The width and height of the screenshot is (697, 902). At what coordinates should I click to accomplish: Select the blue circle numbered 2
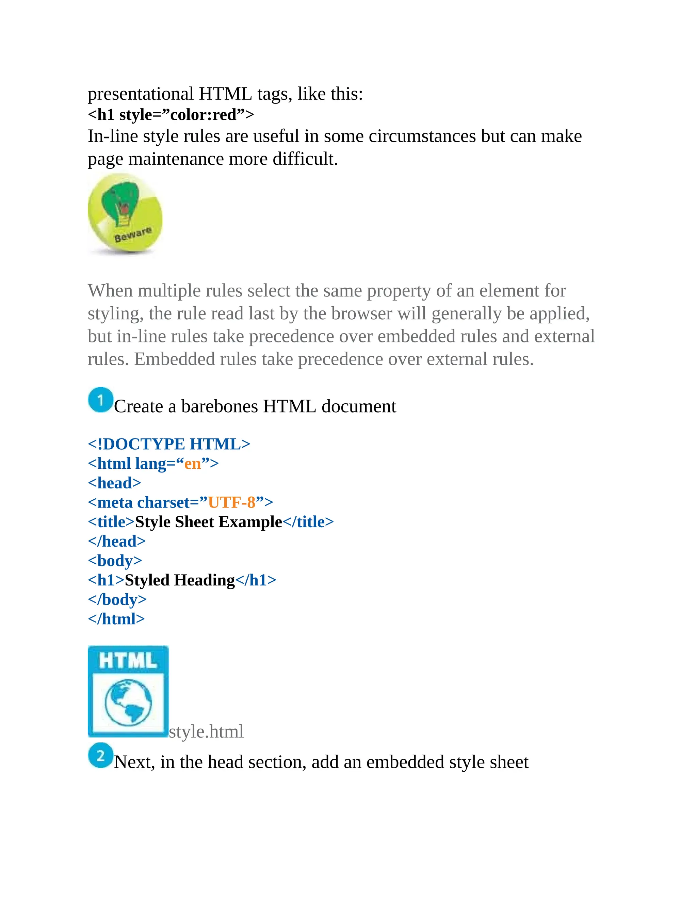pos(100,755)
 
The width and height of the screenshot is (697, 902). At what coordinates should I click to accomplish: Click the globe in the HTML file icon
pos(128,703)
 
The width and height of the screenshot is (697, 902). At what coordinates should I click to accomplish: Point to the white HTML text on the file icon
pos(128,661)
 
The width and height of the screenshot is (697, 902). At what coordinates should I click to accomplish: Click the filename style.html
pos(206,731)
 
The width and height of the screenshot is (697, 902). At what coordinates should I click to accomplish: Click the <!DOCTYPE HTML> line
pos(169,444)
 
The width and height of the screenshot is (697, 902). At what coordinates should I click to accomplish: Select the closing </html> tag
pos(116,619)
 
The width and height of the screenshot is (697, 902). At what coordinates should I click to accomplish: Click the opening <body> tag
pos(115,561)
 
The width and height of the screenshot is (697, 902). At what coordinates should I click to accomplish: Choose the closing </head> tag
pos(117,541)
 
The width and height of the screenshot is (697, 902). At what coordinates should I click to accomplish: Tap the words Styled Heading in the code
pos(180,580)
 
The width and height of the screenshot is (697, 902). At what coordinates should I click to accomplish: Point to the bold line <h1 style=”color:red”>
pos(171,115)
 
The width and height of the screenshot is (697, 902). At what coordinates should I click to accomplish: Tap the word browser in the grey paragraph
pos(361,313)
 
